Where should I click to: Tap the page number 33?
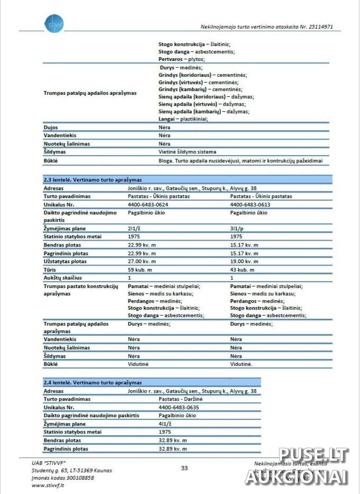coord(184,468)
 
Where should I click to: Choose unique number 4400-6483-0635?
coord(179,407)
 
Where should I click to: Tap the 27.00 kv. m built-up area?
coord(142,261)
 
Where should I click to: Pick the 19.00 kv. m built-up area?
coord(244,261)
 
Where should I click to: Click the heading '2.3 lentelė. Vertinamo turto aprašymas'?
coord(93,180)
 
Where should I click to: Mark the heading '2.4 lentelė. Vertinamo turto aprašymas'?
coord(93,382)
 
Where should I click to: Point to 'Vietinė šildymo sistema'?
coord(187,152)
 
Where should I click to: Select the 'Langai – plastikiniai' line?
coord(183,119)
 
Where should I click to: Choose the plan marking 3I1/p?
coord(237,228)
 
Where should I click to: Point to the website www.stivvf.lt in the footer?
coord(48,486)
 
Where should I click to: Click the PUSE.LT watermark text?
coord(313,455)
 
